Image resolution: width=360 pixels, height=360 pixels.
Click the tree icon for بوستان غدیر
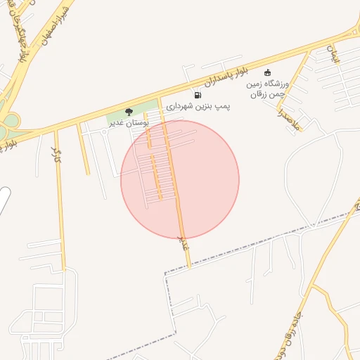(129, 112)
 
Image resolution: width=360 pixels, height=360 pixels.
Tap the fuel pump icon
(197, 95)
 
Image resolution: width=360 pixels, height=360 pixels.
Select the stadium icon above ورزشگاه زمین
(267, 72)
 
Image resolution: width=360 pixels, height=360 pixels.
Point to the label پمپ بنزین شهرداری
(199, 107)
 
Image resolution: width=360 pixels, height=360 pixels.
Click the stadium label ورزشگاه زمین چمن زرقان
(271, 87)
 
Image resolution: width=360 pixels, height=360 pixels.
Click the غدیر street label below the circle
(185, 243)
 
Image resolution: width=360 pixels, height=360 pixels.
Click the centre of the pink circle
(180, 179)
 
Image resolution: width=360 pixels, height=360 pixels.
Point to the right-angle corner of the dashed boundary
(166, 272)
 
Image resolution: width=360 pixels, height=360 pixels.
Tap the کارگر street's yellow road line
(61, 211)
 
